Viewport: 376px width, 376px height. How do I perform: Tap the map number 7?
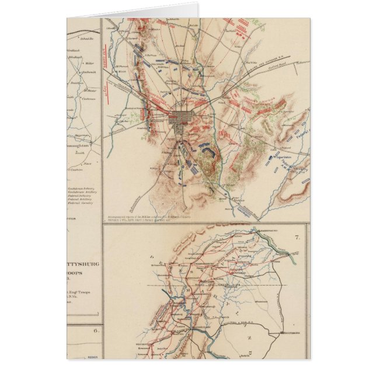tap(297, 237)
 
